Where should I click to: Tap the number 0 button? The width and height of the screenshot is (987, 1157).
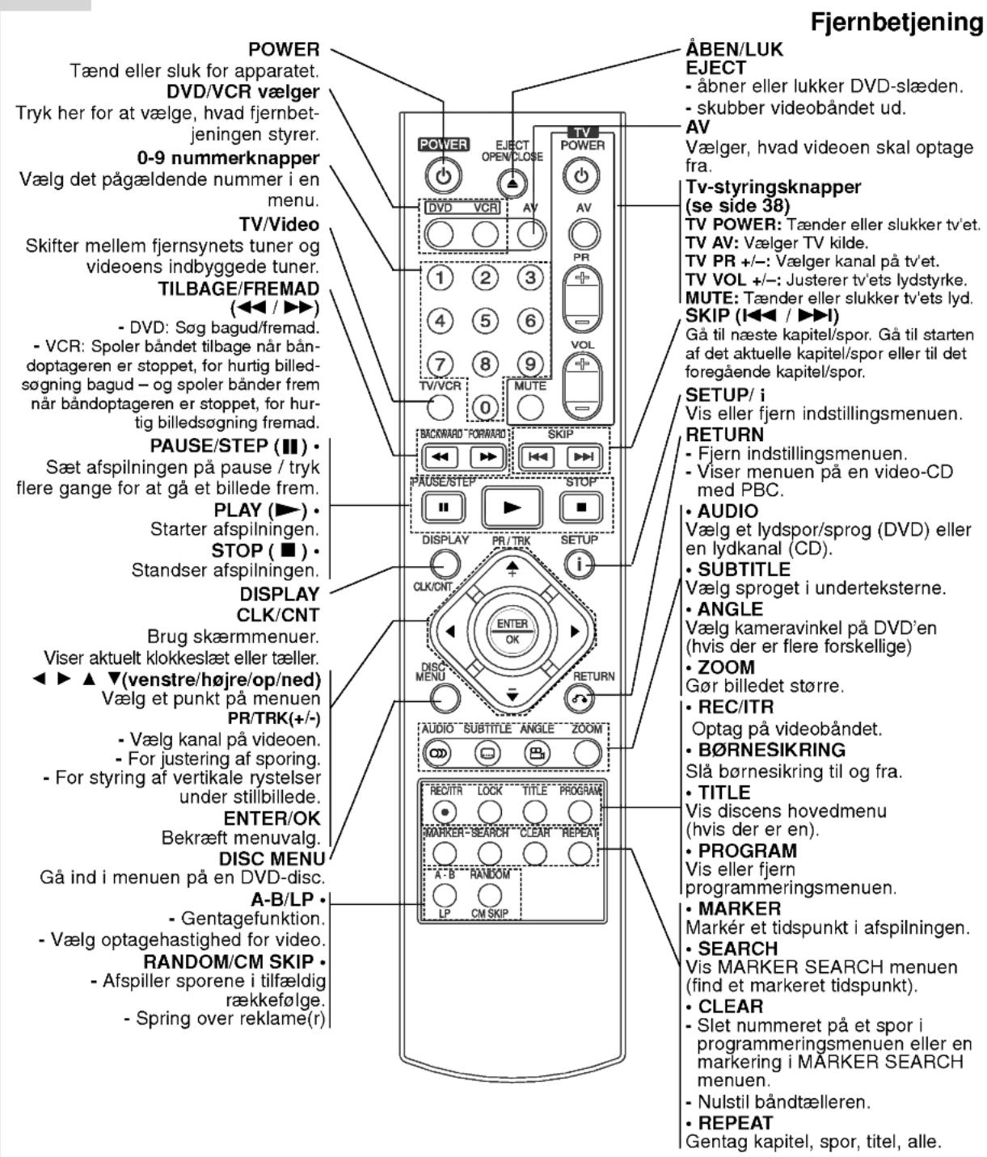[485, 408]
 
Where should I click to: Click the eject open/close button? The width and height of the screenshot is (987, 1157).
[512, 183]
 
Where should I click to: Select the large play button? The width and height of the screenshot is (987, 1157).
[512, 507]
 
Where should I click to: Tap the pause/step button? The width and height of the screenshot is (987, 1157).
[443, 507]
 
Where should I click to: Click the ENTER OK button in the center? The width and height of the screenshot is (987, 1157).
[512, 631]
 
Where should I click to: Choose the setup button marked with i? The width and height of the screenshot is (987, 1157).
[580, 564]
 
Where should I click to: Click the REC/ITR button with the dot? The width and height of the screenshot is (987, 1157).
[445, 812]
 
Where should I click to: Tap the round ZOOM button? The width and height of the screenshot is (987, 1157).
[587, 754]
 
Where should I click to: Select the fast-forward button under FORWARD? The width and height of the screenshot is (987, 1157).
[487, 456]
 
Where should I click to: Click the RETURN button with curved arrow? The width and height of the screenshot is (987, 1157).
[580, 698]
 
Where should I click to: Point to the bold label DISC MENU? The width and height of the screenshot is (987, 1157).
[272, 859]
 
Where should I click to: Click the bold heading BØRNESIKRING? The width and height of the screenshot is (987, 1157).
[771, 750]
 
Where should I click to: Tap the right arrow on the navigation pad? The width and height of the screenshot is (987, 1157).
[574, 631]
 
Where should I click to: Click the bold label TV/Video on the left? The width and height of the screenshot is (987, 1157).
[279, 225]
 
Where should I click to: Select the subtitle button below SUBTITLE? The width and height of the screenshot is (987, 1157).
[487, 754]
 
